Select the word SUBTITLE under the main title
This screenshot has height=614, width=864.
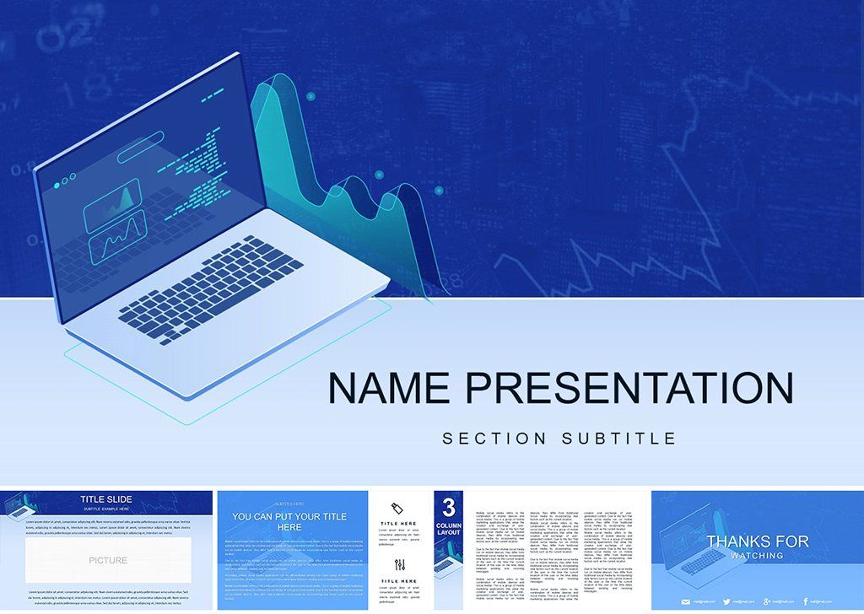tap(619, 439)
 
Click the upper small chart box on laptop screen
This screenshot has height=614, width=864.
tap(111, 201)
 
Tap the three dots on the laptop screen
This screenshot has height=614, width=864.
tap(63, 185)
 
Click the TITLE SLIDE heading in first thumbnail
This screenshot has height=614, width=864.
tap(106, 499)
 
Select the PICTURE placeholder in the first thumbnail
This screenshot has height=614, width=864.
tap(108, 560)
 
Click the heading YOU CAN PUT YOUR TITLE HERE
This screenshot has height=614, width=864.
tap(290, 521)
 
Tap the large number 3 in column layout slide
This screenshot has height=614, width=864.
tap(449, 507)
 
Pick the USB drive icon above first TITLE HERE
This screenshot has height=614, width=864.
tap(400, 507)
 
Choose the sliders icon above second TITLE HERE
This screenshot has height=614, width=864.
tap(400, 564)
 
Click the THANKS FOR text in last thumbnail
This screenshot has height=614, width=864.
tap(757, 541)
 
